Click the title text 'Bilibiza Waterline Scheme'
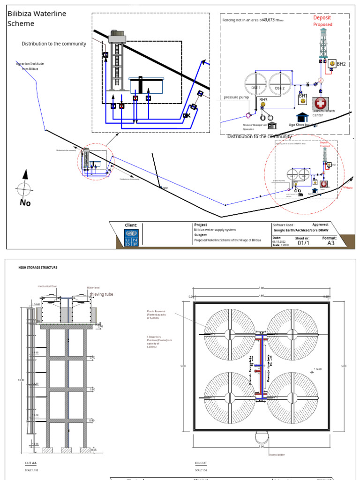pos(37,18)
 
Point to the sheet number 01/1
pos(302,242)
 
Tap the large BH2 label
pos(341,64)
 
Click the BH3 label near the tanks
pos(263,100)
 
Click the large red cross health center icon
pos(321,103)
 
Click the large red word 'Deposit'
pos(322,17)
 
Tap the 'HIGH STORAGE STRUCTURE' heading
pos(37,268)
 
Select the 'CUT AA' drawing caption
pos(30,463)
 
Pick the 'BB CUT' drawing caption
pos(201,463)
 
